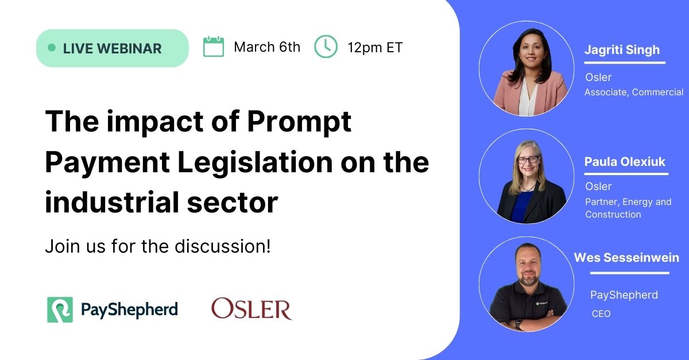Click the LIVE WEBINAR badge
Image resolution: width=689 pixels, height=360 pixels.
(112, 48)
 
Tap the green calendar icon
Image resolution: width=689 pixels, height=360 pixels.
(213, 47)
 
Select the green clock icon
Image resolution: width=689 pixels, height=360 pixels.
(326, 47)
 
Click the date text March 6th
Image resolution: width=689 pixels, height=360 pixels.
(267, 47)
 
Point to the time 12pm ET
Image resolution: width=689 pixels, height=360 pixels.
(375, 47)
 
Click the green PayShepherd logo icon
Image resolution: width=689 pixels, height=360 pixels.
(60, 309)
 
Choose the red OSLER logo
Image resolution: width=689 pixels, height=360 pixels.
(251, 309)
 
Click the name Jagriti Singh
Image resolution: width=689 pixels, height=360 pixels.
(622, 49)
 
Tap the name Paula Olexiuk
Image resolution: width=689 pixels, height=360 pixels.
(625, 161)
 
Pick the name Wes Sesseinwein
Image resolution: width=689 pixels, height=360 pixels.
(626, 257)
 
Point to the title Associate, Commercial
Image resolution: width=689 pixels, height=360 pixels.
(634, 92)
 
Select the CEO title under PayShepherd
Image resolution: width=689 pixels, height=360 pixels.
(601, 313)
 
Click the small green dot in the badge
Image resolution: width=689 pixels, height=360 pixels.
(52, 48)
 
